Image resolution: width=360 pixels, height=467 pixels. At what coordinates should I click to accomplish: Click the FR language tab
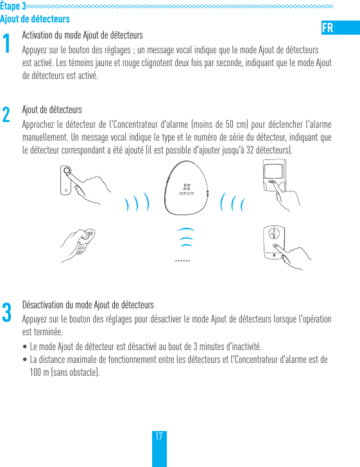(x=327, y=28)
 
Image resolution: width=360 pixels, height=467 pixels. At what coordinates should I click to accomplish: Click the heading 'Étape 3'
(x=13, y=6)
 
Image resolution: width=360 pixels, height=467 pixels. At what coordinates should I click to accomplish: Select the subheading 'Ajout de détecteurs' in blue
(x=35, y=19)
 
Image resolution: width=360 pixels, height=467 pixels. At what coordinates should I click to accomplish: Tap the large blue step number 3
(x=6, y=313)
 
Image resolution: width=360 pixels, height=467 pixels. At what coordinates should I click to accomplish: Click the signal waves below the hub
(x=185, y=237)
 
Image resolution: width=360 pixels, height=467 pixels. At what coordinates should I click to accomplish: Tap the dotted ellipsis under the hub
(x=183, y=261)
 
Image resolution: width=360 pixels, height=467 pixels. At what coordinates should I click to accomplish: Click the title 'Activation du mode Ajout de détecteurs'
(x=82, y=35)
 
